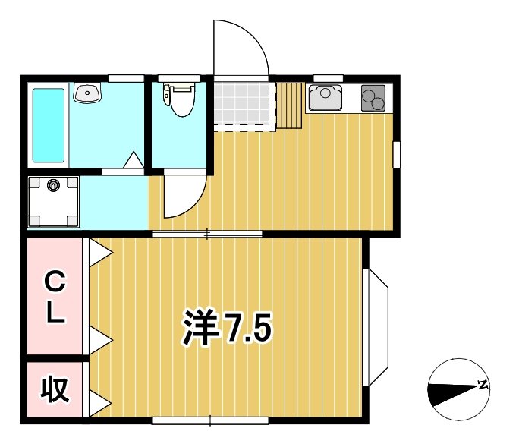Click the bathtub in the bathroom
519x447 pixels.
coord(49,125)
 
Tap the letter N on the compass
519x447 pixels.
coord(482,385)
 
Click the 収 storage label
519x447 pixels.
coord(54,389)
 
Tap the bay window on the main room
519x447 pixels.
coord(376,326)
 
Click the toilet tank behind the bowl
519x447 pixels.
coord(181,87)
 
